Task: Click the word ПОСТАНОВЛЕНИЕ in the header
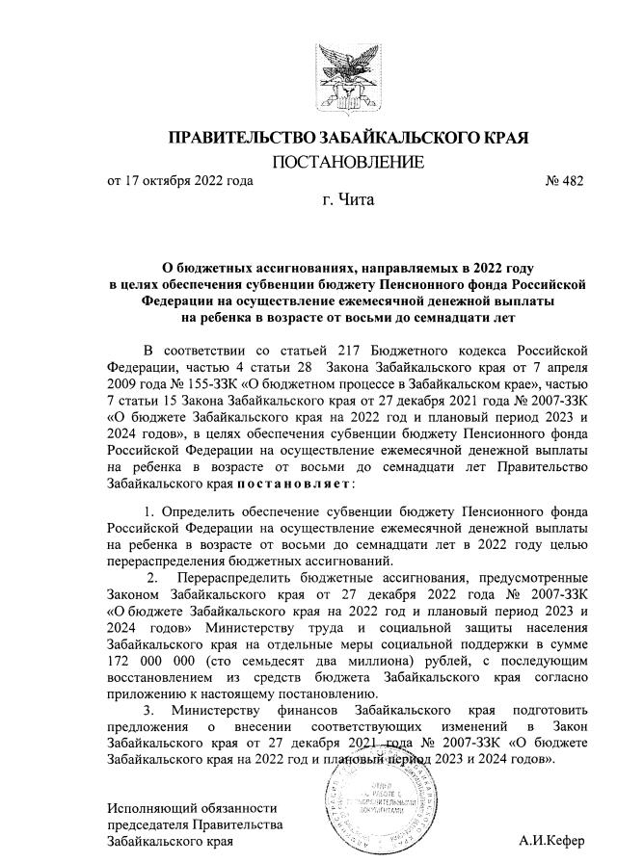tap(348, 161)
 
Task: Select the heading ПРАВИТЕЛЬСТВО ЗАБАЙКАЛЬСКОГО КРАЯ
tap(348, 138)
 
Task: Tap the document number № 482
tap(564, 180)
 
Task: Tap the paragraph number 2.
tap(151, 578)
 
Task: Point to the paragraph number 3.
tap(148, 710)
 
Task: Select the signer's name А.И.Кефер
tap(550, 840)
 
